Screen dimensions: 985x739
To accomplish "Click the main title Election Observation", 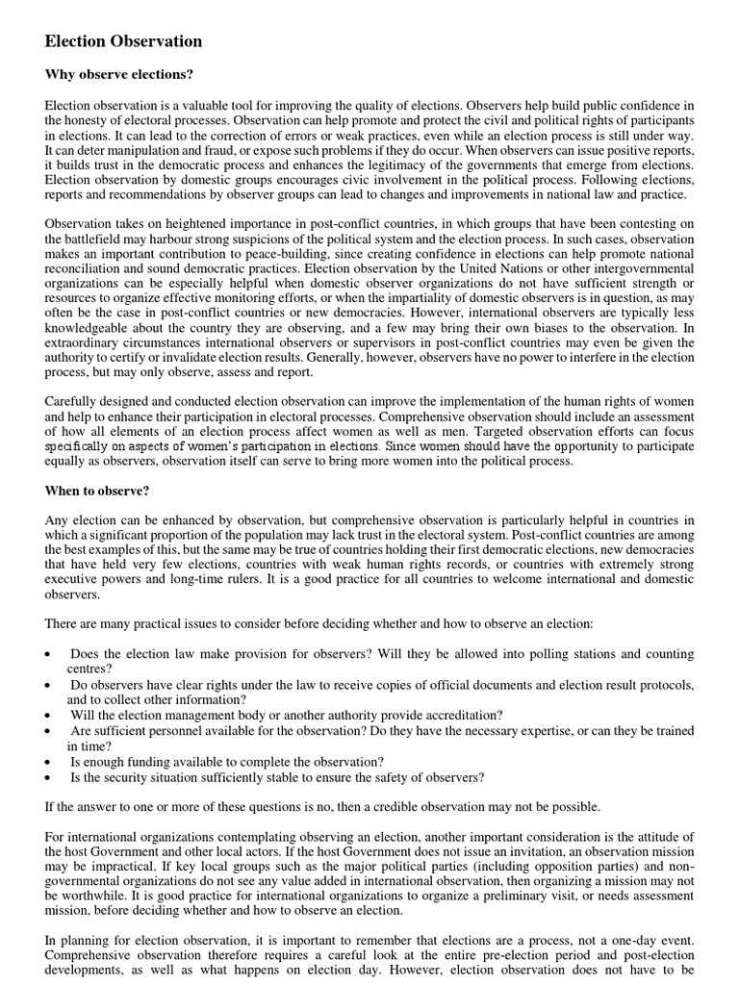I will [123, 41].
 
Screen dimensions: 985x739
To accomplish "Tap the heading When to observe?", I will [97, 492].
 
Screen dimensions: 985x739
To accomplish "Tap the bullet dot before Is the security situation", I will [49, 777].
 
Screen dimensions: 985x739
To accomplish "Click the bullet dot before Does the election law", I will [49, 654].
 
